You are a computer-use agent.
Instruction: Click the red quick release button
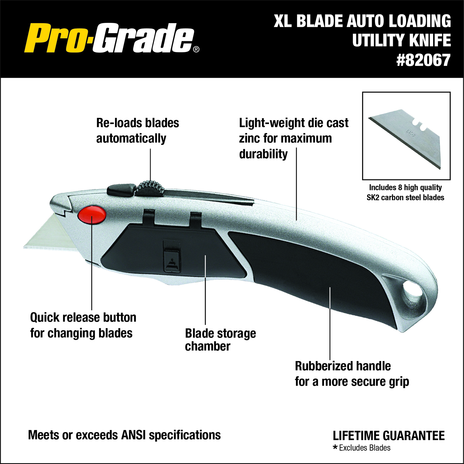click(x=92, y=215)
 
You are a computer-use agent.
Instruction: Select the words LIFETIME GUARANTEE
click(x=389, y=436)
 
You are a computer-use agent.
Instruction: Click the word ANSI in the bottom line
click(x=133, y=435)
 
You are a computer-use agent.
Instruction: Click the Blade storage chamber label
click(x=220, y=340)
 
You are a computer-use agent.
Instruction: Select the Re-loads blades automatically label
click(x=137, y=131)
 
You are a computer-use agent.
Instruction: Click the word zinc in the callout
click(x=250, y=138)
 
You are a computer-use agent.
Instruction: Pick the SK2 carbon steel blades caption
click(x=405, y=197)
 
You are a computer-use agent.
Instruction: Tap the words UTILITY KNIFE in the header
click(x=401, y=41)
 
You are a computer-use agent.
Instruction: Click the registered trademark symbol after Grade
click(x=196, y=49)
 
